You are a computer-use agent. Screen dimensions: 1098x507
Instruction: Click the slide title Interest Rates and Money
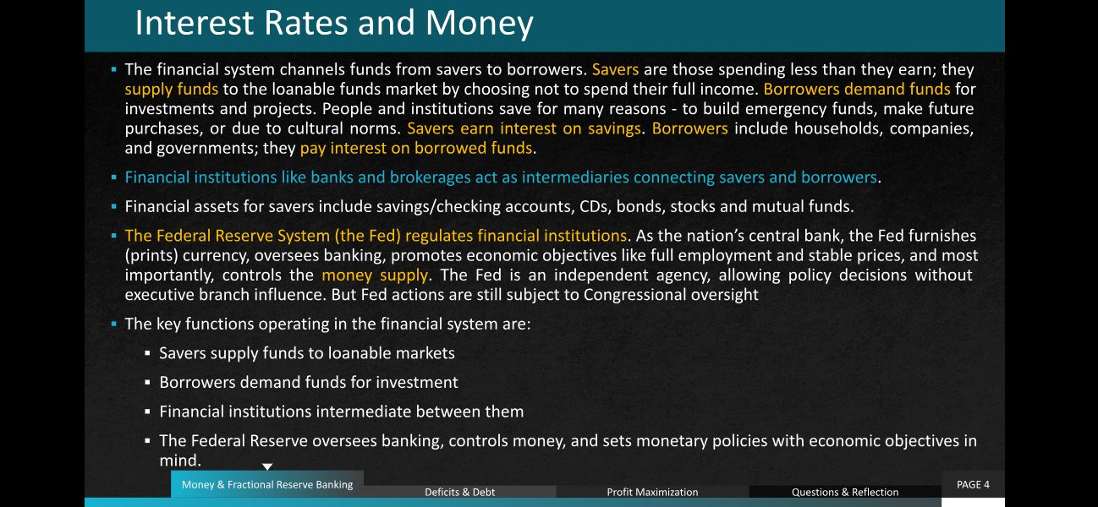334,23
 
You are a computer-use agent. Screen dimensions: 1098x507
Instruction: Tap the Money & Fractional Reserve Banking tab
267,484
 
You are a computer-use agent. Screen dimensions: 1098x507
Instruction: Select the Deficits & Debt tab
460,492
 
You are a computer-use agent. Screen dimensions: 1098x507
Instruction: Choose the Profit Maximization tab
652,492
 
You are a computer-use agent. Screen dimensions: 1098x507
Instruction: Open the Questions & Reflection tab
845,492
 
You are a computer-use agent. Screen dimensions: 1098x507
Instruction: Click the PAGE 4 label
973,484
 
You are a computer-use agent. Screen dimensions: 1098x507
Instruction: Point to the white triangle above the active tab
267,466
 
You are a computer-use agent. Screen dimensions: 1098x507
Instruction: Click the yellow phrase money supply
375,275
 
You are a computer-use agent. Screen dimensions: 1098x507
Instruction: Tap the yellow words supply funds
171,90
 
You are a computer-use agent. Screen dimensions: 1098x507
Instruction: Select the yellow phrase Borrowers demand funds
857,90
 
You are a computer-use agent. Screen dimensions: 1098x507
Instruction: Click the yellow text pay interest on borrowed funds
416,148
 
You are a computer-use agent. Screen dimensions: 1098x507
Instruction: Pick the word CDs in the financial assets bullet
596,207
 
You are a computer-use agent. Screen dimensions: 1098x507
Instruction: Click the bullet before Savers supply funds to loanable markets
147,352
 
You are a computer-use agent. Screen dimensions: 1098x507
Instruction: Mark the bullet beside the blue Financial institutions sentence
113,177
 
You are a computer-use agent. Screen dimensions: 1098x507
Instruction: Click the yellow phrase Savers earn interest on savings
524,128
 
